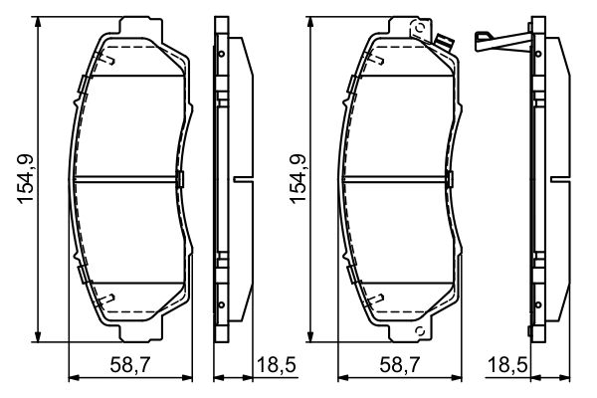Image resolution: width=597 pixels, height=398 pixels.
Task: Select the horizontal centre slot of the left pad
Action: (x=127, y=179)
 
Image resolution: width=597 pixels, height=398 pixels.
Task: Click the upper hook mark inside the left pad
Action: (x=111, y=62)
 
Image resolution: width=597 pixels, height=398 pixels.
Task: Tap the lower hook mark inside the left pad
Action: (x=111, y=297)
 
